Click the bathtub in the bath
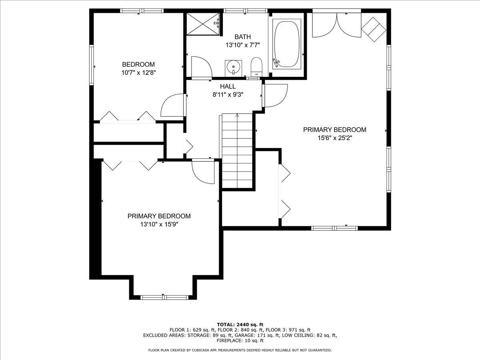pos(287,44)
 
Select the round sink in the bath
pos(233,67)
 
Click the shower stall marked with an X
pos(203,24)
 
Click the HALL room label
pos(228,86)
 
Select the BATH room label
pos(242,37)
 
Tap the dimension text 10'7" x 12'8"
pos(138,72)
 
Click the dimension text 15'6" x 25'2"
pos(335,138)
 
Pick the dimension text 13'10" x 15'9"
pos(159,224)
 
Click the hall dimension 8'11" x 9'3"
pos(228,95)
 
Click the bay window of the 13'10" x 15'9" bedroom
pos(164,297)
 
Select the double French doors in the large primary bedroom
pos(337,24)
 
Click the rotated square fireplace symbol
pos(374,29)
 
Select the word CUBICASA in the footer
pos(198,350)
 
